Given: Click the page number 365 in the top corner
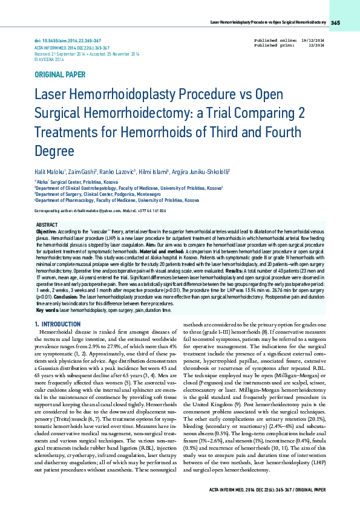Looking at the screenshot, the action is pos(336,23).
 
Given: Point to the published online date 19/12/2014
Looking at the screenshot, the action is pos(313,39).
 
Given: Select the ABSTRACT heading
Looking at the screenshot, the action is pos(47,224).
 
